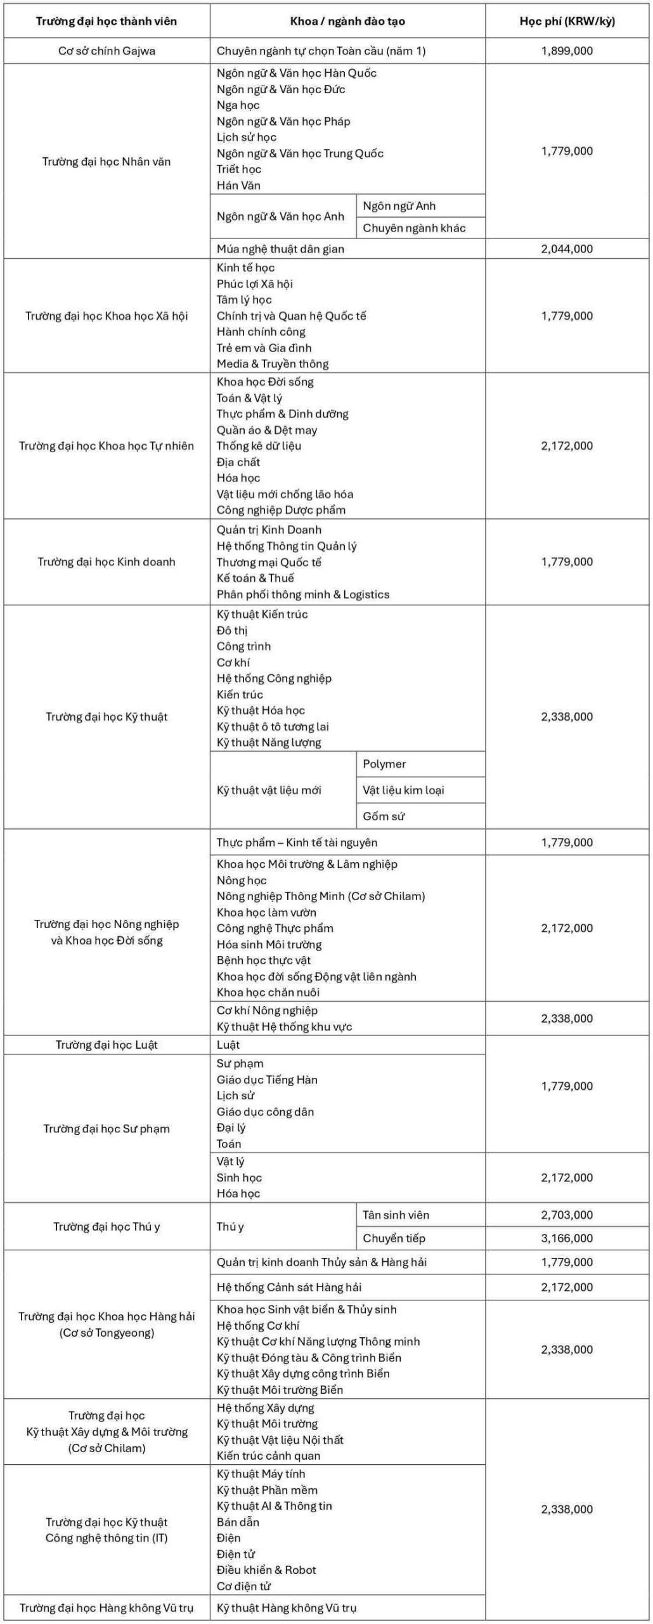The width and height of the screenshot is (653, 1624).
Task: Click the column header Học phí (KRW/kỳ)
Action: tap(567, 21)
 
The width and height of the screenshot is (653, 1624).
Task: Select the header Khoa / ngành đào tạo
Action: tap(347, 21)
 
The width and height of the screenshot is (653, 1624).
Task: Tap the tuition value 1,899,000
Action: tap(567, 51)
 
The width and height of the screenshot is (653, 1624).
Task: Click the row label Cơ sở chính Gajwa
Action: tap(107, 51)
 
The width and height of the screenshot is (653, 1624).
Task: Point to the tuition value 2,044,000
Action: tap(567, 249)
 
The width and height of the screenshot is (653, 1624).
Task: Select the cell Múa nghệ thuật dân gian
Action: tap(280, 249)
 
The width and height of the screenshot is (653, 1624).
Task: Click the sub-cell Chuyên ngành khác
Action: tap(414, 228)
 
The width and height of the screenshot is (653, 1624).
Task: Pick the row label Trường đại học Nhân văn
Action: tap(107, 161)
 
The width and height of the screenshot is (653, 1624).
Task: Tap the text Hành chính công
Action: tap(261, 332)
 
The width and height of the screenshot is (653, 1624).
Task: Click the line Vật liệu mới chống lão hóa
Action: tap(285, 494)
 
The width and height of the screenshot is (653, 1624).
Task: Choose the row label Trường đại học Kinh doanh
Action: tap(107, 561)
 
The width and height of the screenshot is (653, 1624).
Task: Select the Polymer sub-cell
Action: tap(384, 764)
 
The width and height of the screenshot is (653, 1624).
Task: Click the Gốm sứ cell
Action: tap(384, 816)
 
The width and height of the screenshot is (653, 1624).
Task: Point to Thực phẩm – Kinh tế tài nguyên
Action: tap(297, 842)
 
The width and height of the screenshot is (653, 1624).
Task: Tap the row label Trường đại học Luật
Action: tap(107, 1045)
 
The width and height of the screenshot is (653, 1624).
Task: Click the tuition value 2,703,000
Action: tap(567, 1215)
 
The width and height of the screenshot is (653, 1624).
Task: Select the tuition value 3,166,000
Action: tap(567, 1238)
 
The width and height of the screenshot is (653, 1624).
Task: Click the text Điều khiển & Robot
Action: tap(266, 1569)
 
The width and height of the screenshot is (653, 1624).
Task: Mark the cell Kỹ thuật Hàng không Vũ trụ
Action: tap(287, 1608)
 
